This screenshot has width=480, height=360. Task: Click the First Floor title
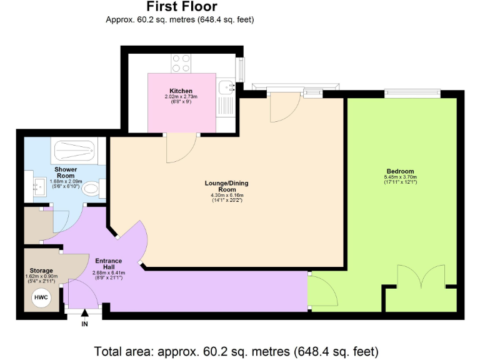pos(182,7)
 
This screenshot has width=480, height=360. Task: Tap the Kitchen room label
pos(181,91)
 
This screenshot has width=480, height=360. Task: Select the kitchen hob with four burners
pos(181,63)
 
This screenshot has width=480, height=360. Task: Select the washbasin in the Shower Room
pos(37,185)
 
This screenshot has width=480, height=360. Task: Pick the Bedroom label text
pos(400,171)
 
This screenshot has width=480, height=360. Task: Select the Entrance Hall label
pos(109,263)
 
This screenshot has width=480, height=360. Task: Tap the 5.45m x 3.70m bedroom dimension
pos(400,177)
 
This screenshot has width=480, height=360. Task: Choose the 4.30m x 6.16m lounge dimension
pos(226,196)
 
